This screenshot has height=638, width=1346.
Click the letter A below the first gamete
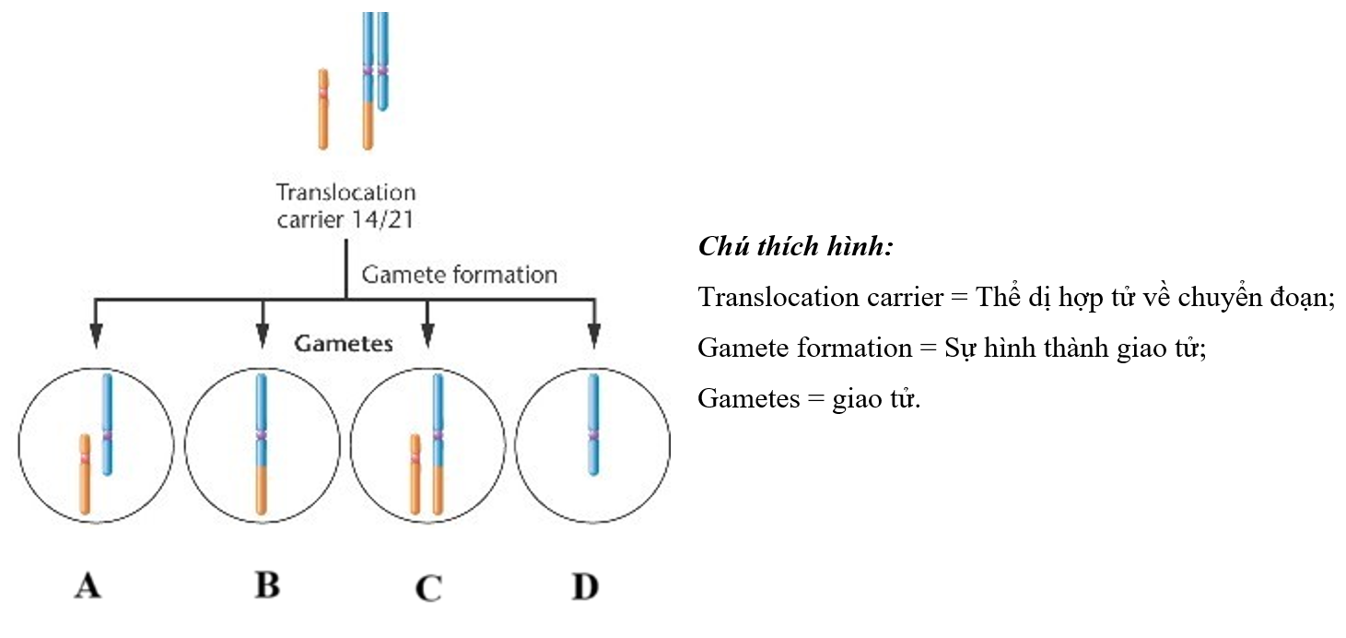(88, 585)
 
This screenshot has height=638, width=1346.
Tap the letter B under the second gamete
(266, 585)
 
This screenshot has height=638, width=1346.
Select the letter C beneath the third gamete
(428, 586)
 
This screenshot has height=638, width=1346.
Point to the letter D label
(585, 585)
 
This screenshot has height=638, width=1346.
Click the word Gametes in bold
(344, 344)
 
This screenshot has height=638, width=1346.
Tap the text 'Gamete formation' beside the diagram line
(459, 275)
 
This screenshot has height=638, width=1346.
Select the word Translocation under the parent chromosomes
(346, 194)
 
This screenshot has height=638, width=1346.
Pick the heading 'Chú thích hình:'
(797, 247)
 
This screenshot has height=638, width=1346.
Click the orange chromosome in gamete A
(84, 474)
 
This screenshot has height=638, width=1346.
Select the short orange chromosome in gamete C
(416, 474)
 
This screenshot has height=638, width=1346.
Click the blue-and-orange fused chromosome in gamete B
(261, 443)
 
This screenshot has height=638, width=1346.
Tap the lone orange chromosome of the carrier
(322, 109)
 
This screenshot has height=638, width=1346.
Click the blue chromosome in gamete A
(107, 424)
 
